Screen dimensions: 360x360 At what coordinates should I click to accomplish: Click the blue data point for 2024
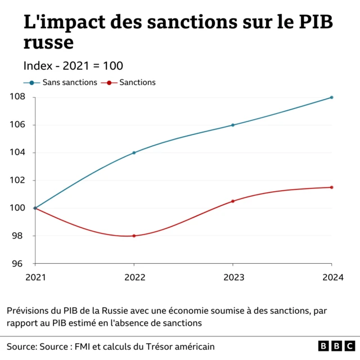tap(331, 97)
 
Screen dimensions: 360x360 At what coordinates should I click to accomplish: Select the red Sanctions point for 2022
tap(134, 236)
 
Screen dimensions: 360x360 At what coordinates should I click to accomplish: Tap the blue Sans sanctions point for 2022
tap(134, 152)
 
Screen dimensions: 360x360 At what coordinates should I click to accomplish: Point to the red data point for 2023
tap(233, 201)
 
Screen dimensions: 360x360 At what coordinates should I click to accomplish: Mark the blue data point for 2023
tap(233, 125)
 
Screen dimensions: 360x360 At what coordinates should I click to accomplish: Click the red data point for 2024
tap(331, 187)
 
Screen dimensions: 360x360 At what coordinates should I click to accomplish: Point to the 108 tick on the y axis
tap(16, 97)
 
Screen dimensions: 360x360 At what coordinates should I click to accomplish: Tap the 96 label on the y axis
tap(19, 263)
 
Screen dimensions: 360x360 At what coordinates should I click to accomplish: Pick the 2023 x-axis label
tap(233, 277)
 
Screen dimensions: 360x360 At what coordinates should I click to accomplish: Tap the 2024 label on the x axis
tap(331, 277)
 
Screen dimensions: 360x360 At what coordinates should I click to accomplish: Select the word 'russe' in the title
tap(48, 42)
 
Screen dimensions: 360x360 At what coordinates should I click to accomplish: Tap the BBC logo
tap(336, 345)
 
